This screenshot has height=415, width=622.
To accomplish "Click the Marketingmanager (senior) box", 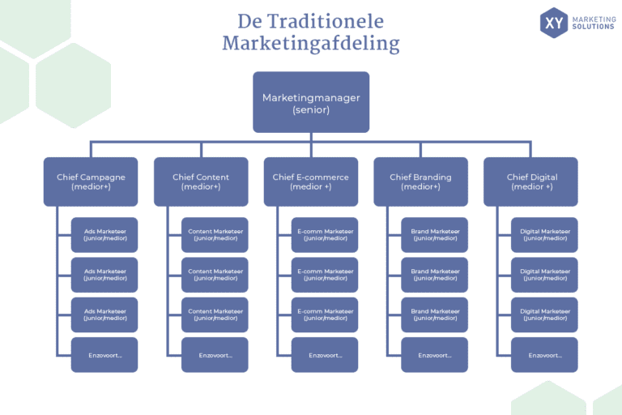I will [x=311, y=102].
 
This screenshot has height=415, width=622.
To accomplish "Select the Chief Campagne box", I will [x=91, y=182].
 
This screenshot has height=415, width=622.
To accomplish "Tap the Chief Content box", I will [x=201, y=182].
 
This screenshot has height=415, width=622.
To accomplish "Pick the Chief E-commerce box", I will [x=311, y=182].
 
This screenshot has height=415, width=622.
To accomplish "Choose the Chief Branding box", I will [x=420, y=182].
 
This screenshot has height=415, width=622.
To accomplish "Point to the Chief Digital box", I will [x=531, y=182].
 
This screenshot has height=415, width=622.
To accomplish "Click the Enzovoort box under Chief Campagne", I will [x=104, y=355].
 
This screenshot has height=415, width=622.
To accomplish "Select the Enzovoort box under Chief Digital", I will [x=544, y=355].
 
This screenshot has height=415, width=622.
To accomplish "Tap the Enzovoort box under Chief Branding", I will [x=434, y=355].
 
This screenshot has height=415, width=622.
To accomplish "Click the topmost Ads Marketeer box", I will [x=104, y=235].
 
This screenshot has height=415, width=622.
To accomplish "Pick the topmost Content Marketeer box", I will [x=215, y=235].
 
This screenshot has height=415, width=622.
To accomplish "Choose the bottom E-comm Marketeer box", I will [x=325, y=314].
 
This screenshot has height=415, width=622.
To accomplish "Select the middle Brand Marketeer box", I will [x=434, y=275].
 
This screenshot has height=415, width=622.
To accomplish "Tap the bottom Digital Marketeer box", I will [x=544, y=314].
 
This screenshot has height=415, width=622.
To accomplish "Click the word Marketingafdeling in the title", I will [x=311, y=44].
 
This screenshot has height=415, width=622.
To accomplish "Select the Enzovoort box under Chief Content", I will [x=215, y=355].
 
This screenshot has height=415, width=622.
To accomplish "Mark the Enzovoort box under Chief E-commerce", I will [x=325, y=355].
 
